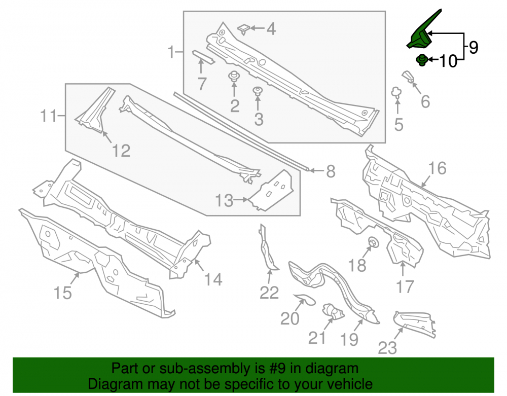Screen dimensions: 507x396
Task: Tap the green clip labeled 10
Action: pyautogui.click(x=422, y=60)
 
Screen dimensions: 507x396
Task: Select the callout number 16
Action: pyautogui.click(x=437, y=168)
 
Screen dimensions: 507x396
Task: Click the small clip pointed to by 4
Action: pyautogui.click(x=244, y=29)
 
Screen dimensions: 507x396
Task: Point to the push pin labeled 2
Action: pyautogui.click(x=234, y=77)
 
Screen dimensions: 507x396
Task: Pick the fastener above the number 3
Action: pyautogui.click(x=258, y=91)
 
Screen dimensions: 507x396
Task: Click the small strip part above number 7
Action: pyautogui.click(x=203, y=57)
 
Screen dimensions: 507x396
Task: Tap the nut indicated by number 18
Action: pyautogui.click(x=374, y=242)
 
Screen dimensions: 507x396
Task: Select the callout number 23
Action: pyautogui.click(x=387, y=348)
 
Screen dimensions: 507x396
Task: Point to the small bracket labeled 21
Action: pyautogui.click(x=332, y=311)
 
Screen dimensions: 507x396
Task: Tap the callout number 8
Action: pyautogui.click(x=330, y=171)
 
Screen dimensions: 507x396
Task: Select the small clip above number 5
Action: pyautogui.click(x=396, y=92)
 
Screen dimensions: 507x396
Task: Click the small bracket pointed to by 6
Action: pyautogui.click(x=408, y=77)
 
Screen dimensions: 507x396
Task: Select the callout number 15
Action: pyautogui.click(x=62, y=293)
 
